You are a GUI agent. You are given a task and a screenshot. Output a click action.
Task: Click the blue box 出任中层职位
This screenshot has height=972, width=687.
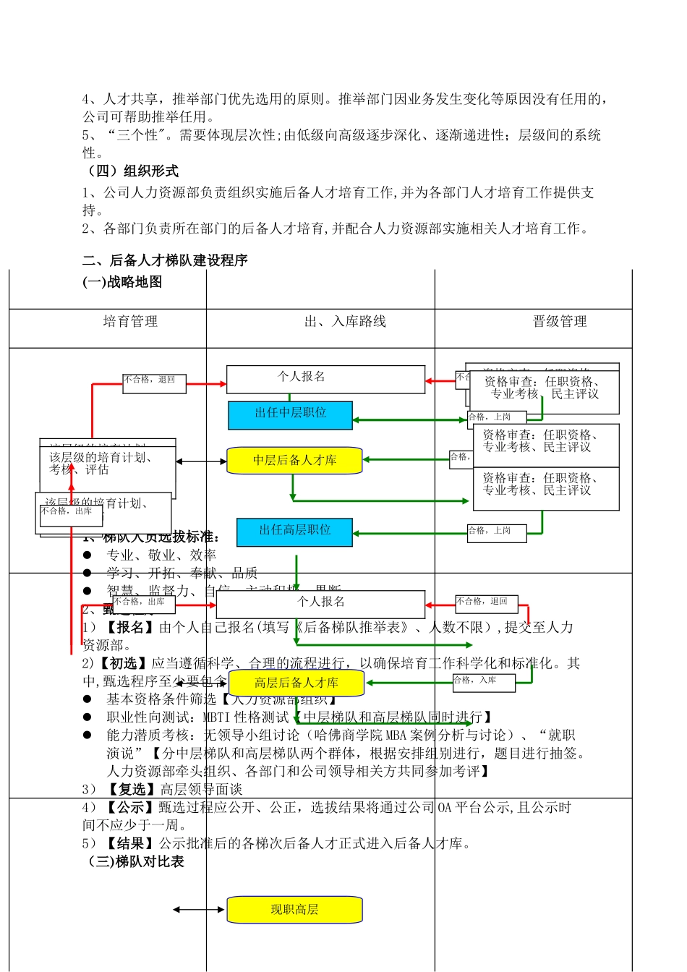(291, 414)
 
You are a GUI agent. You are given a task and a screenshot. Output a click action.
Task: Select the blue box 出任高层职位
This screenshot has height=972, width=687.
(295, 532)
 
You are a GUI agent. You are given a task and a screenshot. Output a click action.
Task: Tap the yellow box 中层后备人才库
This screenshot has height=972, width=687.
(294, 461)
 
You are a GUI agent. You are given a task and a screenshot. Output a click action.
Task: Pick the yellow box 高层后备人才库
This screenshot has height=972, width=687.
(296, 683)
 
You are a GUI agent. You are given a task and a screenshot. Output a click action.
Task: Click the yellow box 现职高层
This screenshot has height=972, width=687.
(294, 910)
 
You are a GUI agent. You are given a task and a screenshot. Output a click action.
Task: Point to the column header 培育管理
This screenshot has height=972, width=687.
(130, 322)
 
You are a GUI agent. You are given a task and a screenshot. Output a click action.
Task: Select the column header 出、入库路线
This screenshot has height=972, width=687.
(345, 322)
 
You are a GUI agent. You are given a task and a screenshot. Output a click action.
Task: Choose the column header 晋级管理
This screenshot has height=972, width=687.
(560, 322)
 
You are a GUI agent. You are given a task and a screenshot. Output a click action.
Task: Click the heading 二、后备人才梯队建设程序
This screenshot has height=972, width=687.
(165, 260)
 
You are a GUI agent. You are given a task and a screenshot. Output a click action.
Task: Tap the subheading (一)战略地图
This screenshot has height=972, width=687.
(122, 282)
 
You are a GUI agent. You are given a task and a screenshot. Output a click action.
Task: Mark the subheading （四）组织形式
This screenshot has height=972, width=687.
(131, 171)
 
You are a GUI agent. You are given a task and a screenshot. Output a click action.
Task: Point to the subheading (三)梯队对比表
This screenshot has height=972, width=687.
(135, 861)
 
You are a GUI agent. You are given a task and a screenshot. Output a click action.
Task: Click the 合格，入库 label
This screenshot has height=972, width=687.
(484, 681)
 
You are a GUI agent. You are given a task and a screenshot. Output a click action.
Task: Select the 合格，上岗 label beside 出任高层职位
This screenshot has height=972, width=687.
(497, 532)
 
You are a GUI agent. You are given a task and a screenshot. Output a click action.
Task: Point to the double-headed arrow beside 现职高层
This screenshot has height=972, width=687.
(200, 910)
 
